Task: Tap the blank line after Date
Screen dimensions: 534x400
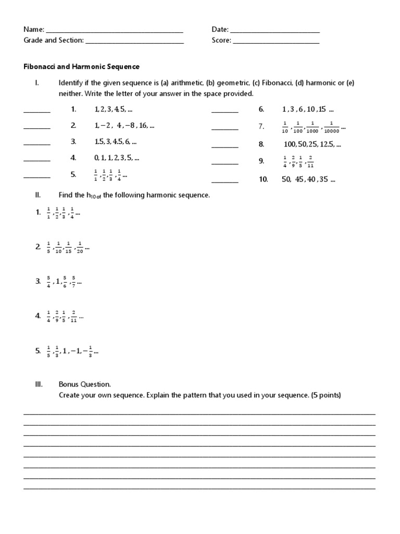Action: coord(275,32)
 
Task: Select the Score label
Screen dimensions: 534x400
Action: coord(221,41)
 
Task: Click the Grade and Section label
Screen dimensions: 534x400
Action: coord(54,41)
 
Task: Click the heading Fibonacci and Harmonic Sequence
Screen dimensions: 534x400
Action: coord(82,67)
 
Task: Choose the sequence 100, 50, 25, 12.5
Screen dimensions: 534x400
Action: coord(312,144)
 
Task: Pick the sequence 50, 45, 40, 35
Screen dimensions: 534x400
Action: coord(308,179)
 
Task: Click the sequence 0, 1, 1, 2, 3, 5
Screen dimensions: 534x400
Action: coord(117,157)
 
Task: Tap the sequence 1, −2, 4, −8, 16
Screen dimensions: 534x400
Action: coord(124,126)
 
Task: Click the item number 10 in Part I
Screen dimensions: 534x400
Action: coord(263,179)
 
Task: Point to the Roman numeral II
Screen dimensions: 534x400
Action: coord(37,195)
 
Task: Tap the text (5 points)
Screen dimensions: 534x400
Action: coord(326,395)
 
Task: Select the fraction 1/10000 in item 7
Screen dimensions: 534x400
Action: coord(331,127)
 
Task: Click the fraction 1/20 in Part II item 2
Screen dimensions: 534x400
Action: coord(80,248)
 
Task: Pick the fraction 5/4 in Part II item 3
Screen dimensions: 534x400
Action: coord(49,282)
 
